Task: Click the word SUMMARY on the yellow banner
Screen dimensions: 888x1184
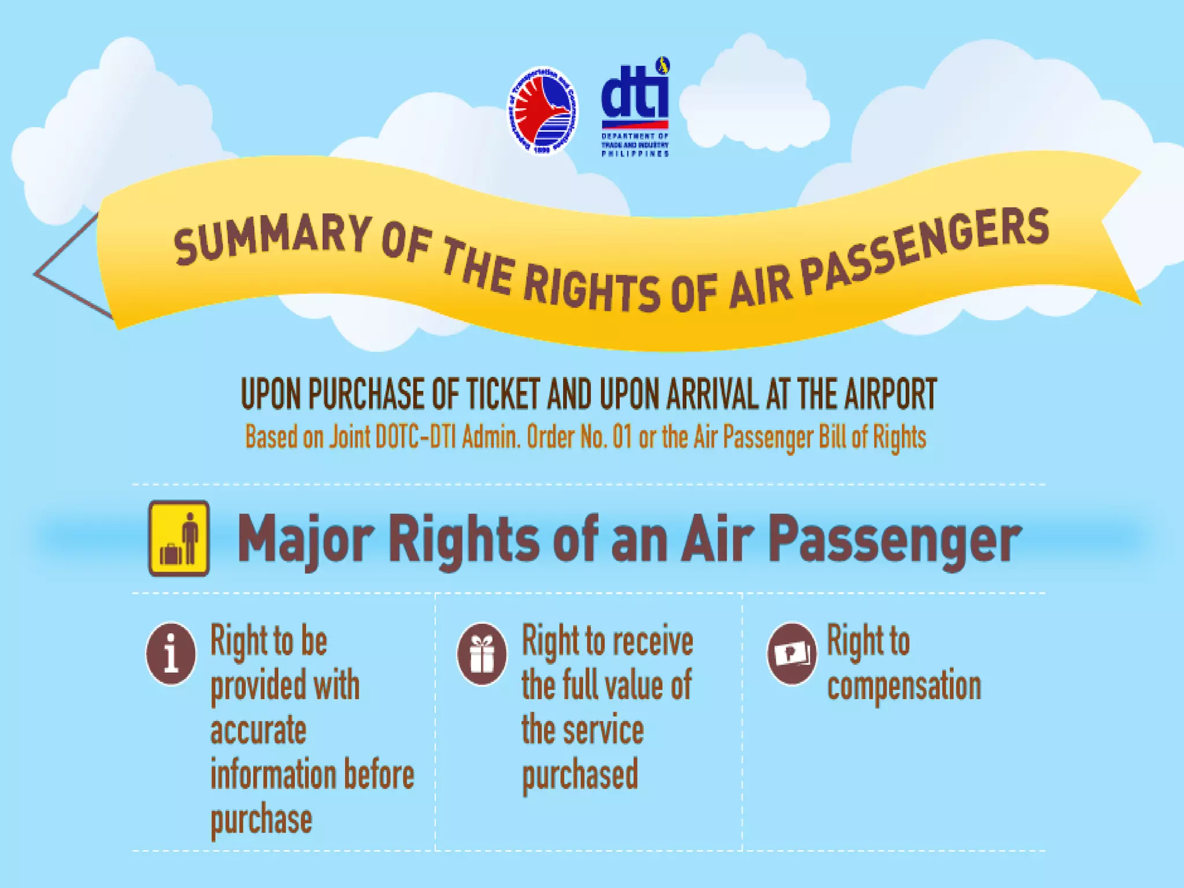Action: (272, 238)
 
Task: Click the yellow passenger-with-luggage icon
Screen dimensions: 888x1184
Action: (179, 538)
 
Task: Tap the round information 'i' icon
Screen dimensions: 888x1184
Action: (171, 654)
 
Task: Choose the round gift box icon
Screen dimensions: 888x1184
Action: (482, 654)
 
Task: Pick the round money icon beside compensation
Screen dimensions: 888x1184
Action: (792, 654)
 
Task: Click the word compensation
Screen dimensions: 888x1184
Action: (904, 686)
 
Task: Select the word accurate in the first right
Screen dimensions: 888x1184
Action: (258, 730)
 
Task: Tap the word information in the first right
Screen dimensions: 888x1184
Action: (272, 775)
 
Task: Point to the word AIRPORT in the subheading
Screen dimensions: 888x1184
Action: (890, 395)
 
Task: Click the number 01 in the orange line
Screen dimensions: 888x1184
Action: (622, 437)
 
